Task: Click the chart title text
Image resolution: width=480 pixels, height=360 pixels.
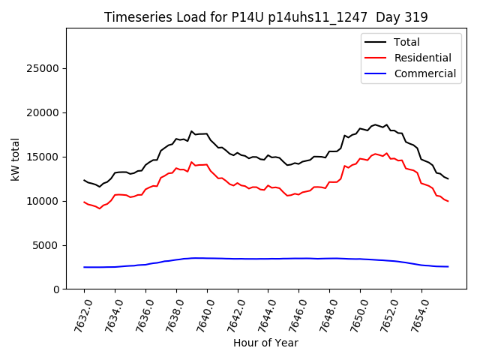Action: (x=265, y=17)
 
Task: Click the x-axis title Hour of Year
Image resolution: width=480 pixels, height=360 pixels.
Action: (x=265, y=343)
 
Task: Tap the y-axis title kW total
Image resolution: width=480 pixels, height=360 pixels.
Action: (x=15, y=159)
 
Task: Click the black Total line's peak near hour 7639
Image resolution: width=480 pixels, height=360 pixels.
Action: (x=191, y=131)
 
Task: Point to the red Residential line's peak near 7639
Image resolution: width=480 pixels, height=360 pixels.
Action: (x=191, y=162)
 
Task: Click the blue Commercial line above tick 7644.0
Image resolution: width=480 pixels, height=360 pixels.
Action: (x=268, y=259)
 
